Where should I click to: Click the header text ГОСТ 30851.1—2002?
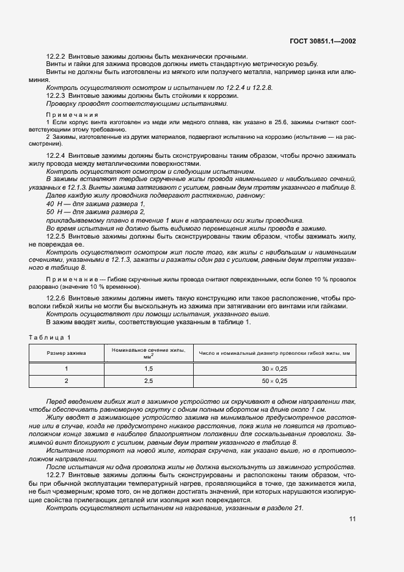pos(323,42)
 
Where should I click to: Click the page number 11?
pos(353,519)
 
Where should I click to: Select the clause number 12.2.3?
pos(57,96)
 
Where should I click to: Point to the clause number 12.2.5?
pos(57,236)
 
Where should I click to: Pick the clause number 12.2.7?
pos(57,474)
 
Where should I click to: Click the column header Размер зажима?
pos(67,353)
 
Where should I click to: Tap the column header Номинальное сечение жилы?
pos(147,350)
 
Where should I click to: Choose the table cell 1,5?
pos(147,368)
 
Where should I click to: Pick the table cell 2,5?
pos(147,381)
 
